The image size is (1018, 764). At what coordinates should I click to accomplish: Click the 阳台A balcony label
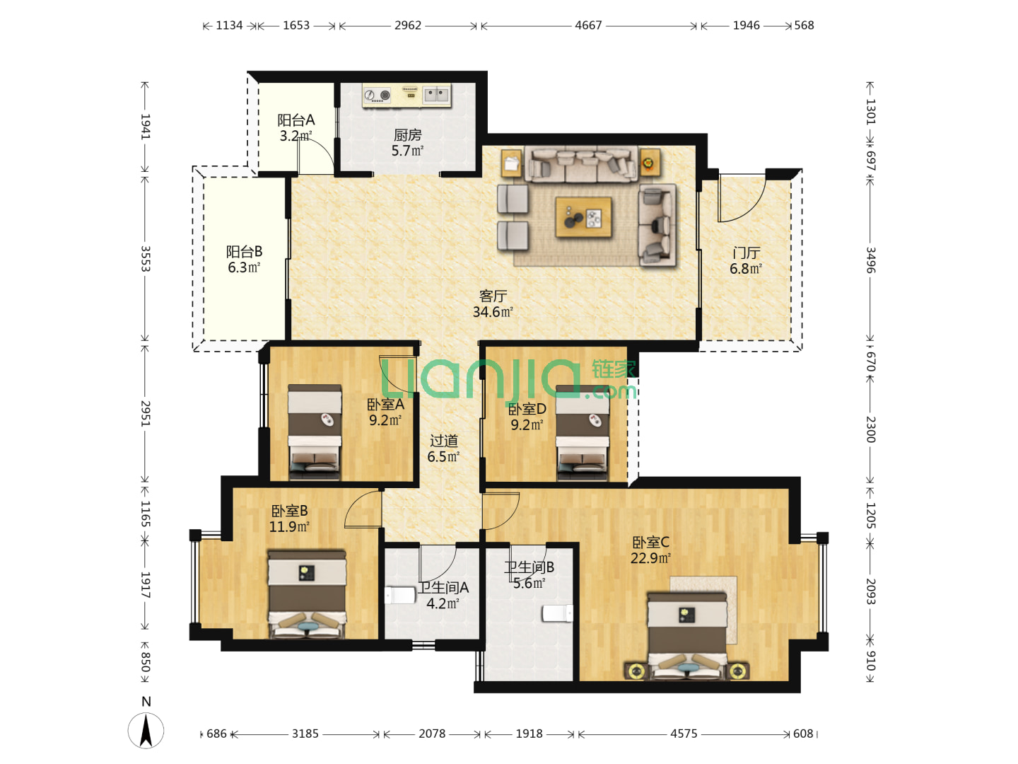tap(296, 120)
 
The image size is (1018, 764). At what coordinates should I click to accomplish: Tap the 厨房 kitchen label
tap(407, 135)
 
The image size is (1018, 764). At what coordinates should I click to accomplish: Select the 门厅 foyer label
tap(746, 253)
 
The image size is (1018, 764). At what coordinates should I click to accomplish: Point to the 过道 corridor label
tap(443, 441)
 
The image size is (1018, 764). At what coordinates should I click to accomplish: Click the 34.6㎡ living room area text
tap(493, 312)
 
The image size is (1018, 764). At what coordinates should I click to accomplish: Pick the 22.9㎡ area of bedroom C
tap(650, 558)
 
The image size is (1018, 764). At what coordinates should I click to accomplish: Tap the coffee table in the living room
tap(583, 217)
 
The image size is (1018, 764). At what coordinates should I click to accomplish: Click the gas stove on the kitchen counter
tap(377, 95)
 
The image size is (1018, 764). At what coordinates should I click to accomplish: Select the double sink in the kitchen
tap(435, 95)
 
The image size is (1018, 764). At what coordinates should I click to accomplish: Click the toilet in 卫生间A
tap(400, 595)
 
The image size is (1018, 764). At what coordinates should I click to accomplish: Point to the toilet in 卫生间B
tap(558, 613)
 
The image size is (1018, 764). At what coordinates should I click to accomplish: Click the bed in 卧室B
tap(307, 595)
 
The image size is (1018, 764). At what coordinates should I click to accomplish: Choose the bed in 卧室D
tap(583, 432)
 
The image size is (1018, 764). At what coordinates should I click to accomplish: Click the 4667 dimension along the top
tap(588, 25)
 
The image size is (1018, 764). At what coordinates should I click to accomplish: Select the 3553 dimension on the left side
tap(146, 259)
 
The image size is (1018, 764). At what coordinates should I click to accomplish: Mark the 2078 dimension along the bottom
tap(432, 734)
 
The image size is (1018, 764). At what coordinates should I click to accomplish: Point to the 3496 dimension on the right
tap(871, 260)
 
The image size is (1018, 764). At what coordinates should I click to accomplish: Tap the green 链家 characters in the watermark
tap(614, 369)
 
